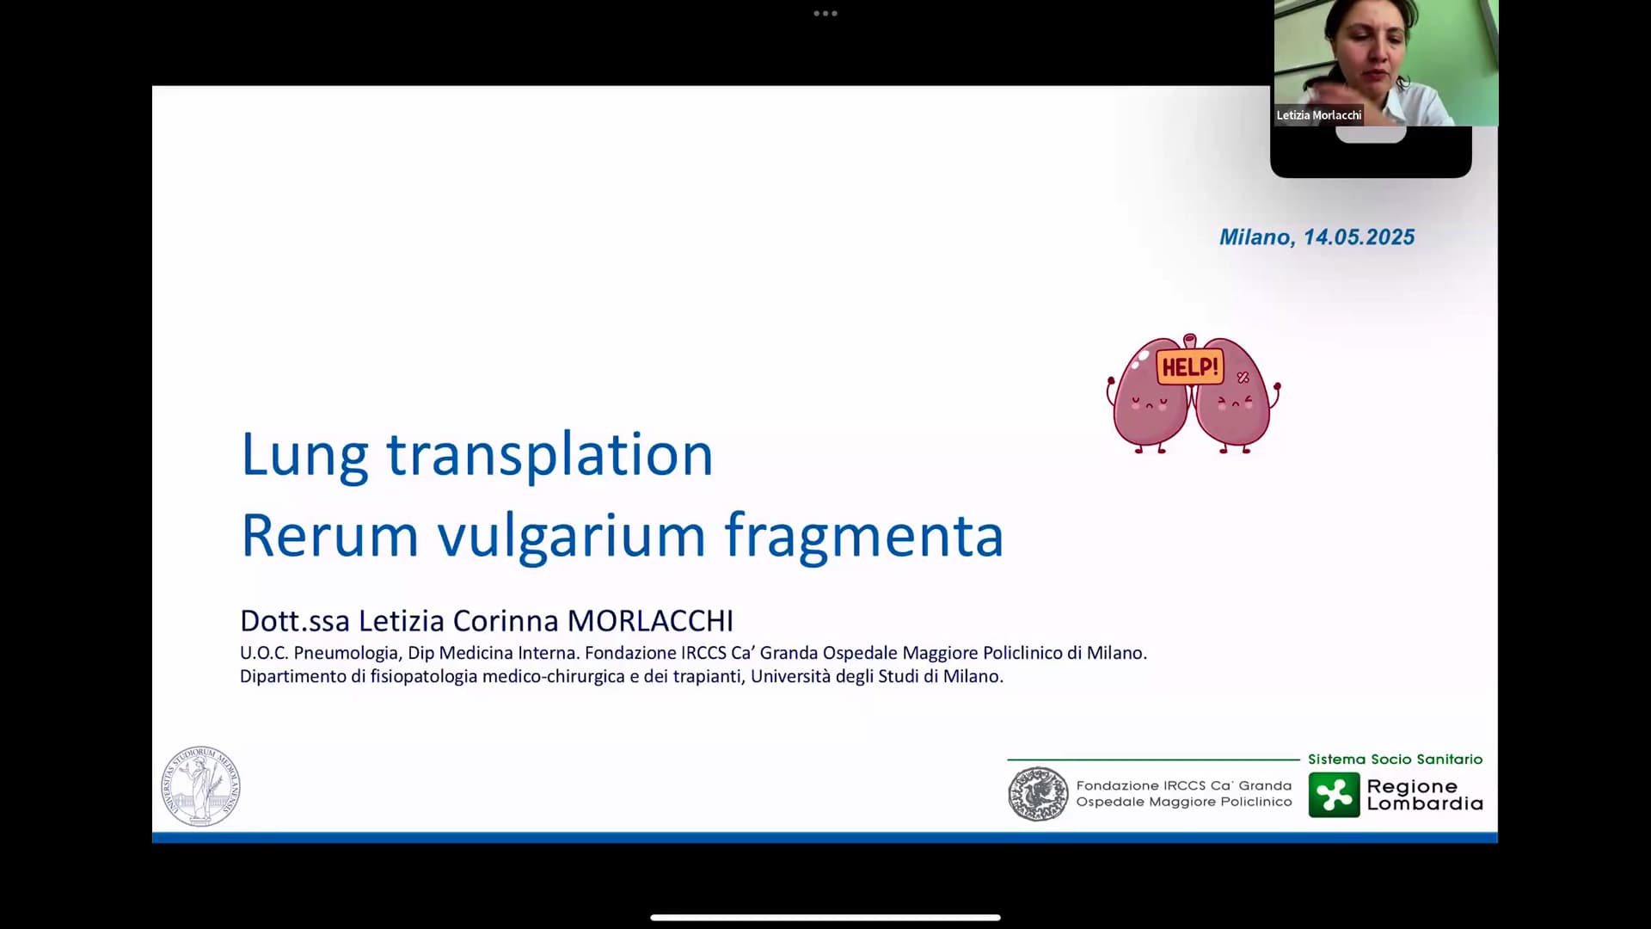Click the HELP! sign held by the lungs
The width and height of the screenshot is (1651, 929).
pyautogui.click(x=1190, y=367)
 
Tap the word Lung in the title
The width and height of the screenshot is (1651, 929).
pyautogui.click(x=304, y=455)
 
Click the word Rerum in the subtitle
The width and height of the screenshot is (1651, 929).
pyautogui.click(x=330, y=535)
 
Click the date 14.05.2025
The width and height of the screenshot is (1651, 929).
pyautogui.click(x=1359, y=237)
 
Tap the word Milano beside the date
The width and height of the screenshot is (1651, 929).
pyautogui.click(x=1256, y=237)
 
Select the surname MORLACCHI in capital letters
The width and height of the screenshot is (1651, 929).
pyautogui.click(x=650, y=620)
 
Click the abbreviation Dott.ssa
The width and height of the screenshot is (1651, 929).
pyautogui.click(x=295, y=620)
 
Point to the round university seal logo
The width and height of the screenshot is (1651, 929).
pyautogui.click(x=201, y=786)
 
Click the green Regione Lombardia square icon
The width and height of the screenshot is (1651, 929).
pyautogui.click(x=1334, y=794)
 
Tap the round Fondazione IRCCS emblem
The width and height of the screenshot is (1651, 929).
pyautogui.click(x=1038, y=793)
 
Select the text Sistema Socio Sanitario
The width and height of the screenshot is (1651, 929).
pyautogui.click(x=1395, y=760)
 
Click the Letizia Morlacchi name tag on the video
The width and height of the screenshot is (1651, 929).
pyautogui.click(x=1318, y=115)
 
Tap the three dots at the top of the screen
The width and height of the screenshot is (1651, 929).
pyautogui.click(x=825, y=14)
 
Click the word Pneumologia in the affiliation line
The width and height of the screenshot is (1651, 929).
pyautogui.click(x=346, y=653)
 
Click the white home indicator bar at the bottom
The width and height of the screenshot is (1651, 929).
pyautogui.click(x=825, y=918)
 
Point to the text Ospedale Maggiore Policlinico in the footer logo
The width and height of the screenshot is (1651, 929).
pyautogui.click(x=1184, y=802)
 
